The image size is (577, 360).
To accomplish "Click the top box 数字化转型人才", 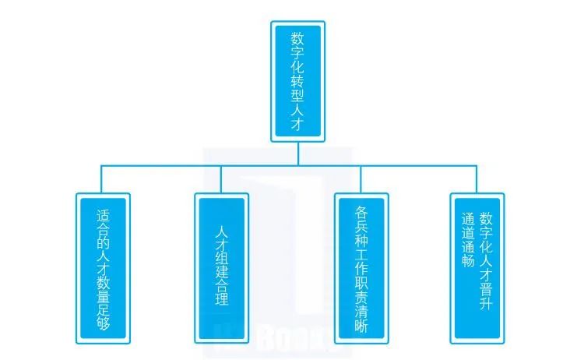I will coord(297,81).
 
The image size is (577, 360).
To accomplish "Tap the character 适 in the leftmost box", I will coord(103,216).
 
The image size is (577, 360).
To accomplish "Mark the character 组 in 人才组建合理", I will coord(220,253).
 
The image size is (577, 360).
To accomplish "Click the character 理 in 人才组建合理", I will coord(220,298).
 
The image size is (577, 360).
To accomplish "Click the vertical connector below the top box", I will coord(297,153).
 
